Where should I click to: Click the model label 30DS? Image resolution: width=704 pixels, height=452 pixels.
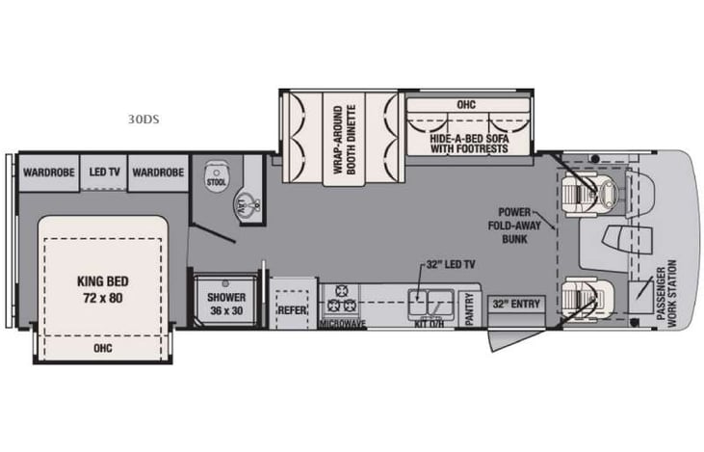coord(143,121)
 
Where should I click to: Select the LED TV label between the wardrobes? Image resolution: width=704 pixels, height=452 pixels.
coord(104,173)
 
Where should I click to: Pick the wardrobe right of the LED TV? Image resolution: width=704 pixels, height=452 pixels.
coord(158,173)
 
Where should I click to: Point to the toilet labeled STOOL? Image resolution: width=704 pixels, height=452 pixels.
coord(215,179)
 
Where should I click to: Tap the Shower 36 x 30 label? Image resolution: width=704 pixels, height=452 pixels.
coord(227,303)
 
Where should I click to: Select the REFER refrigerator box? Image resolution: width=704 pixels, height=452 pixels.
coord(292,311)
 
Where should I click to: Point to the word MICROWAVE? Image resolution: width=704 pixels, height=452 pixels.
coord(343,325)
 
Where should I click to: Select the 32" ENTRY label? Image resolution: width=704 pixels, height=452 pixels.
coord(516,305)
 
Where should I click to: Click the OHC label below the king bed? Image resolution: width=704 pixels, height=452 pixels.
coord(101,348)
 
